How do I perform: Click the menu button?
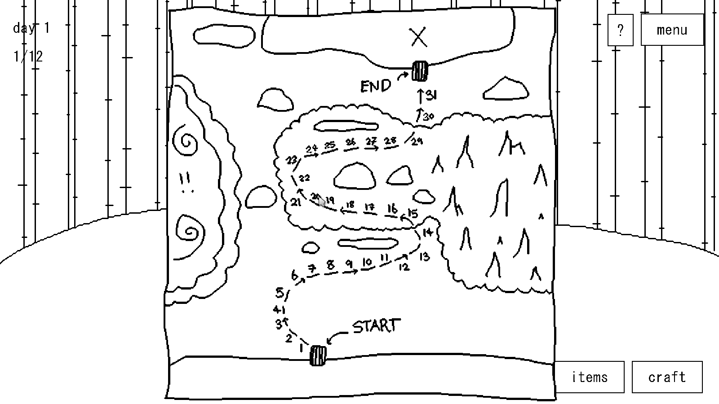671,30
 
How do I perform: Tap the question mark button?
620,30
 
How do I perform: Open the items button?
590,377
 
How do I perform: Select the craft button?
667,377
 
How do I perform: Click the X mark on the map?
419,38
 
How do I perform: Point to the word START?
376,326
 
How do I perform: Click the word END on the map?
376,86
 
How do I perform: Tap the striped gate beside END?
420,71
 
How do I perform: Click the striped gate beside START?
318,356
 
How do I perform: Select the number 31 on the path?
431,95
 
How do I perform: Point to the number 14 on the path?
427,232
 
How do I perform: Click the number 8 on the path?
331,265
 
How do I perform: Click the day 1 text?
31,28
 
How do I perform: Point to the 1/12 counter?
28,57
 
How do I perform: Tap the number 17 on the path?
370,207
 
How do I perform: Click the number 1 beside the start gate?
302,347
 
